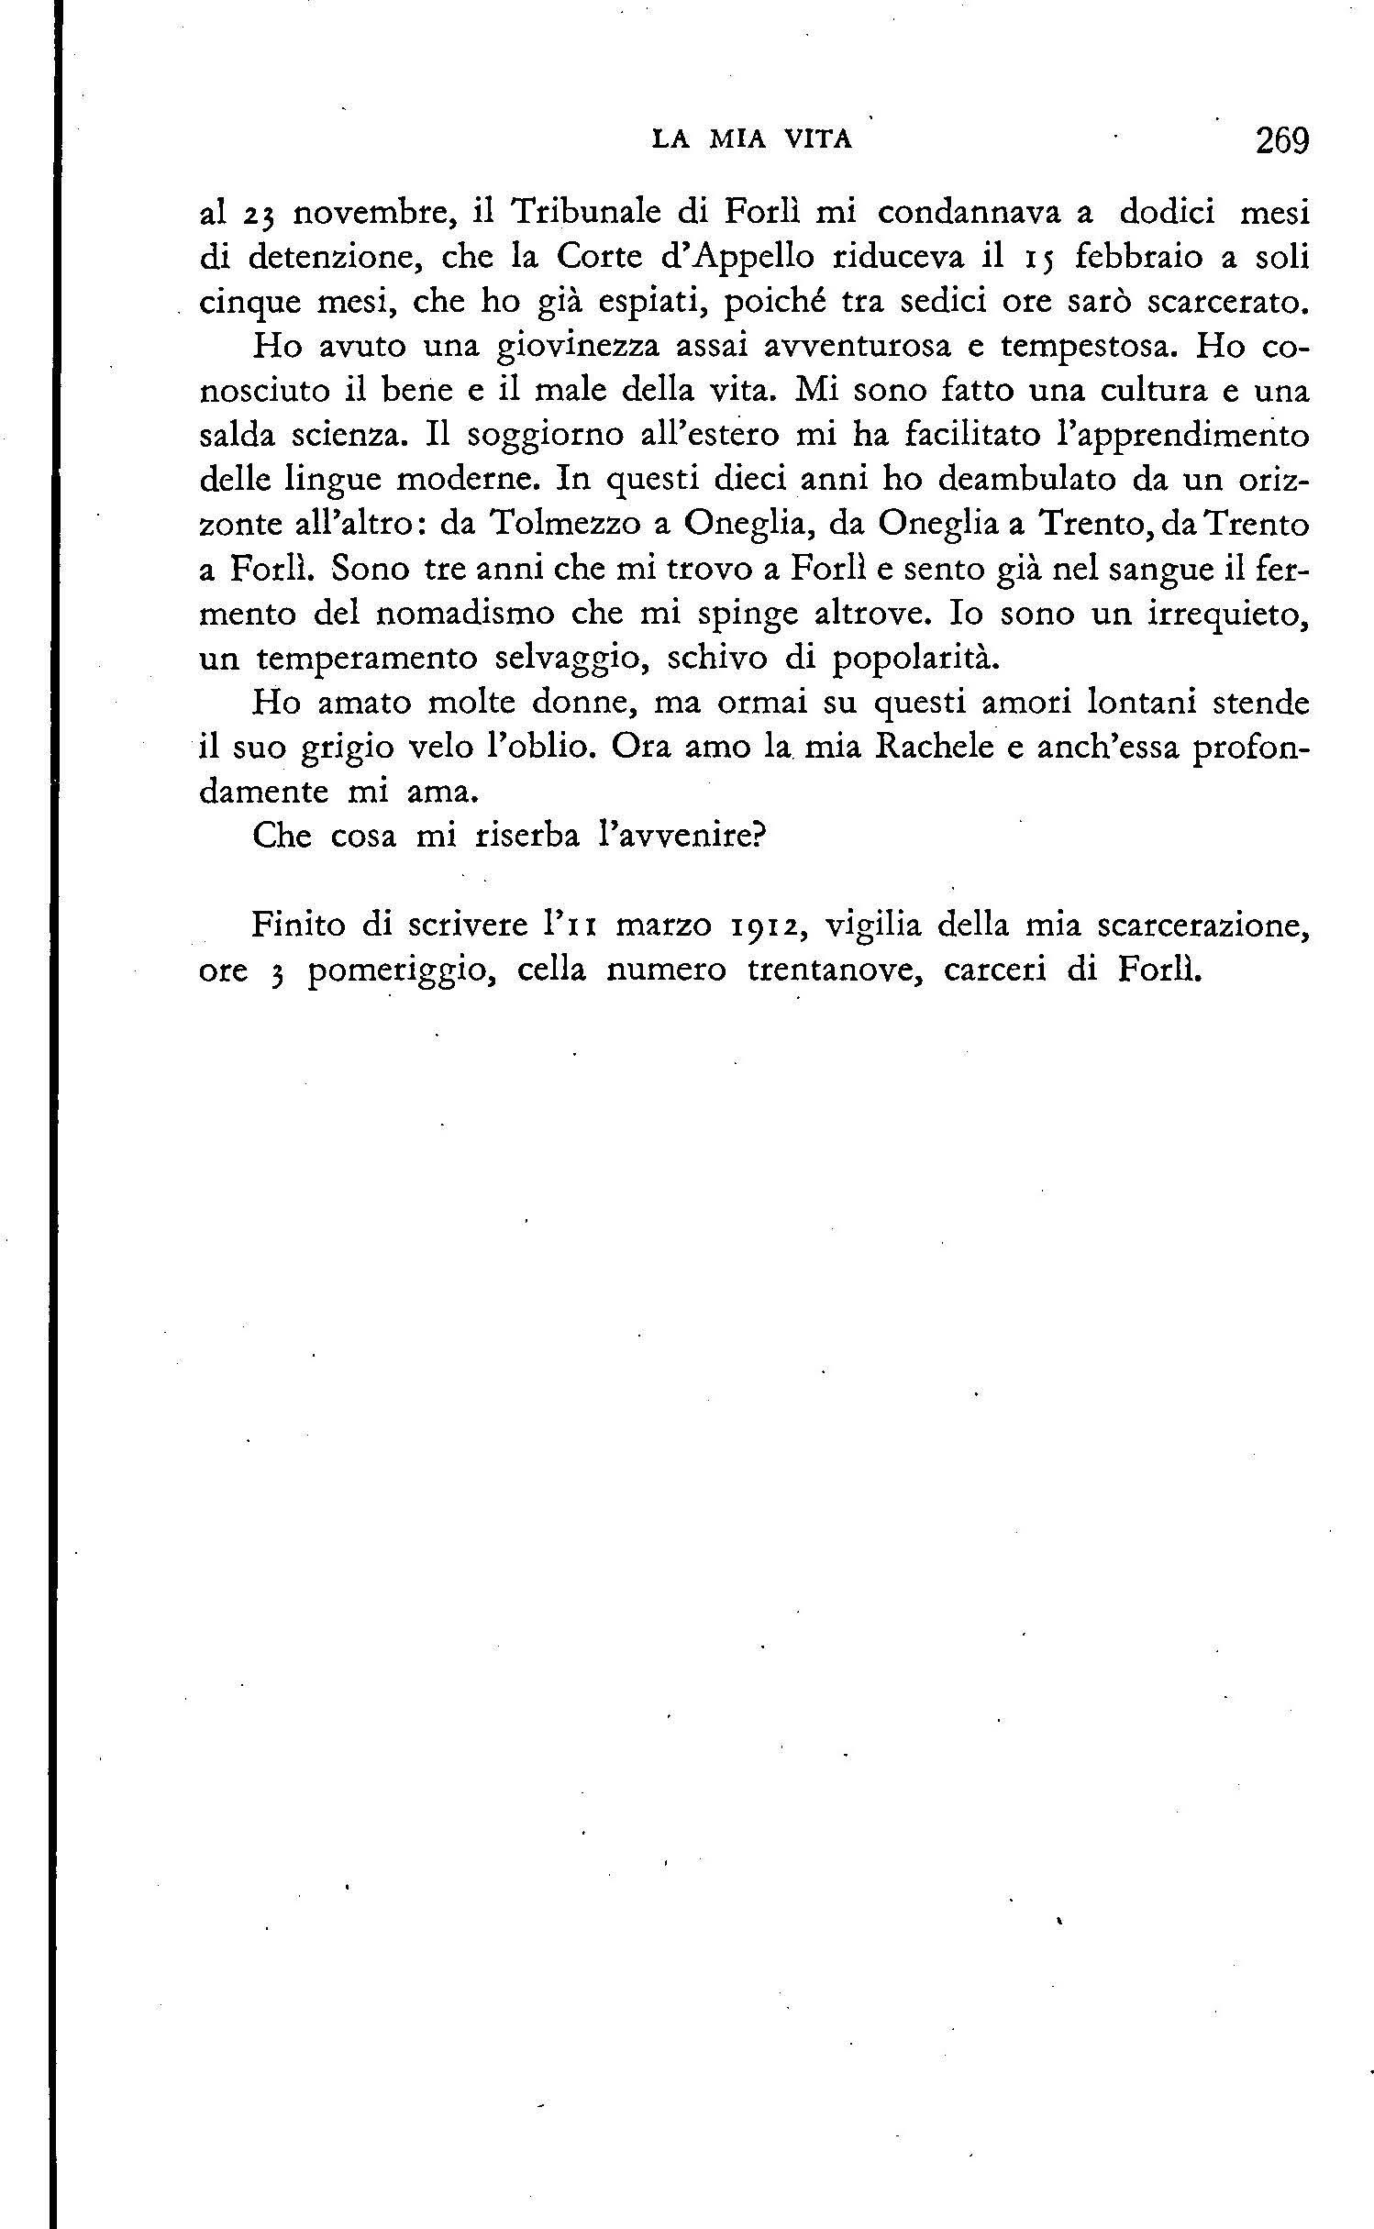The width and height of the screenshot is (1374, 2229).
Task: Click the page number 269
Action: point(1282,141)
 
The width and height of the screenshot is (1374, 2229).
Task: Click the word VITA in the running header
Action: point(819,139)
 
